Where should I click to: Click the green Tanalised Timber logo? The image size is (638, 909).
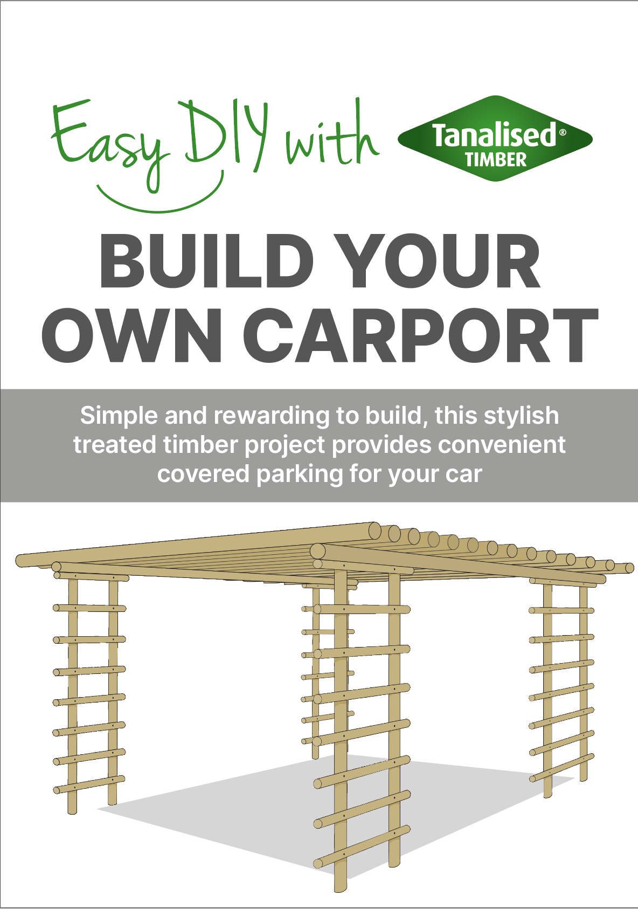point(495,139)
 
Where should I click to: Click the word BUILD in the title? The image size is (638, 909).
point(206,261)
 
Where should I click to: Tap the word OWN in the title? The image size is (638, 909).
point(132,335)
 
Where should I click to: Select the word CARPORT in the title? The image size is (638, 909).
point(421,335)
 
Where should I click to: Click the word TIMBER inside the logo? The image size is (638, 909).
point(496,160)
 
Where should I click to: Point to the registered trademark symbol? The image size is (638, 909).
point(562,132)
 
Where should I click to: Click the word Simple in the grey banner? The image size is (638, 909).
point(119,416)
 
